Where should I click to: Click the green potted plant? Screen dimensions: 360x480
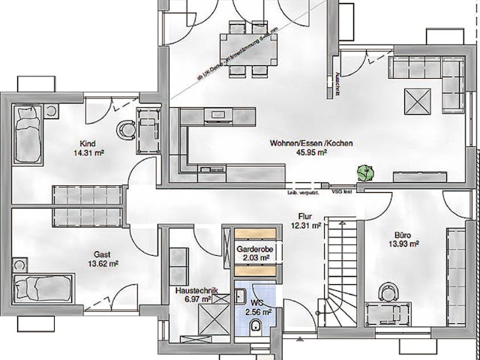coord(366,172)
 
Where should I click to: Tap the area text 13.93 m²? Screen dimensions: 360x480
coord(403,244)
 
